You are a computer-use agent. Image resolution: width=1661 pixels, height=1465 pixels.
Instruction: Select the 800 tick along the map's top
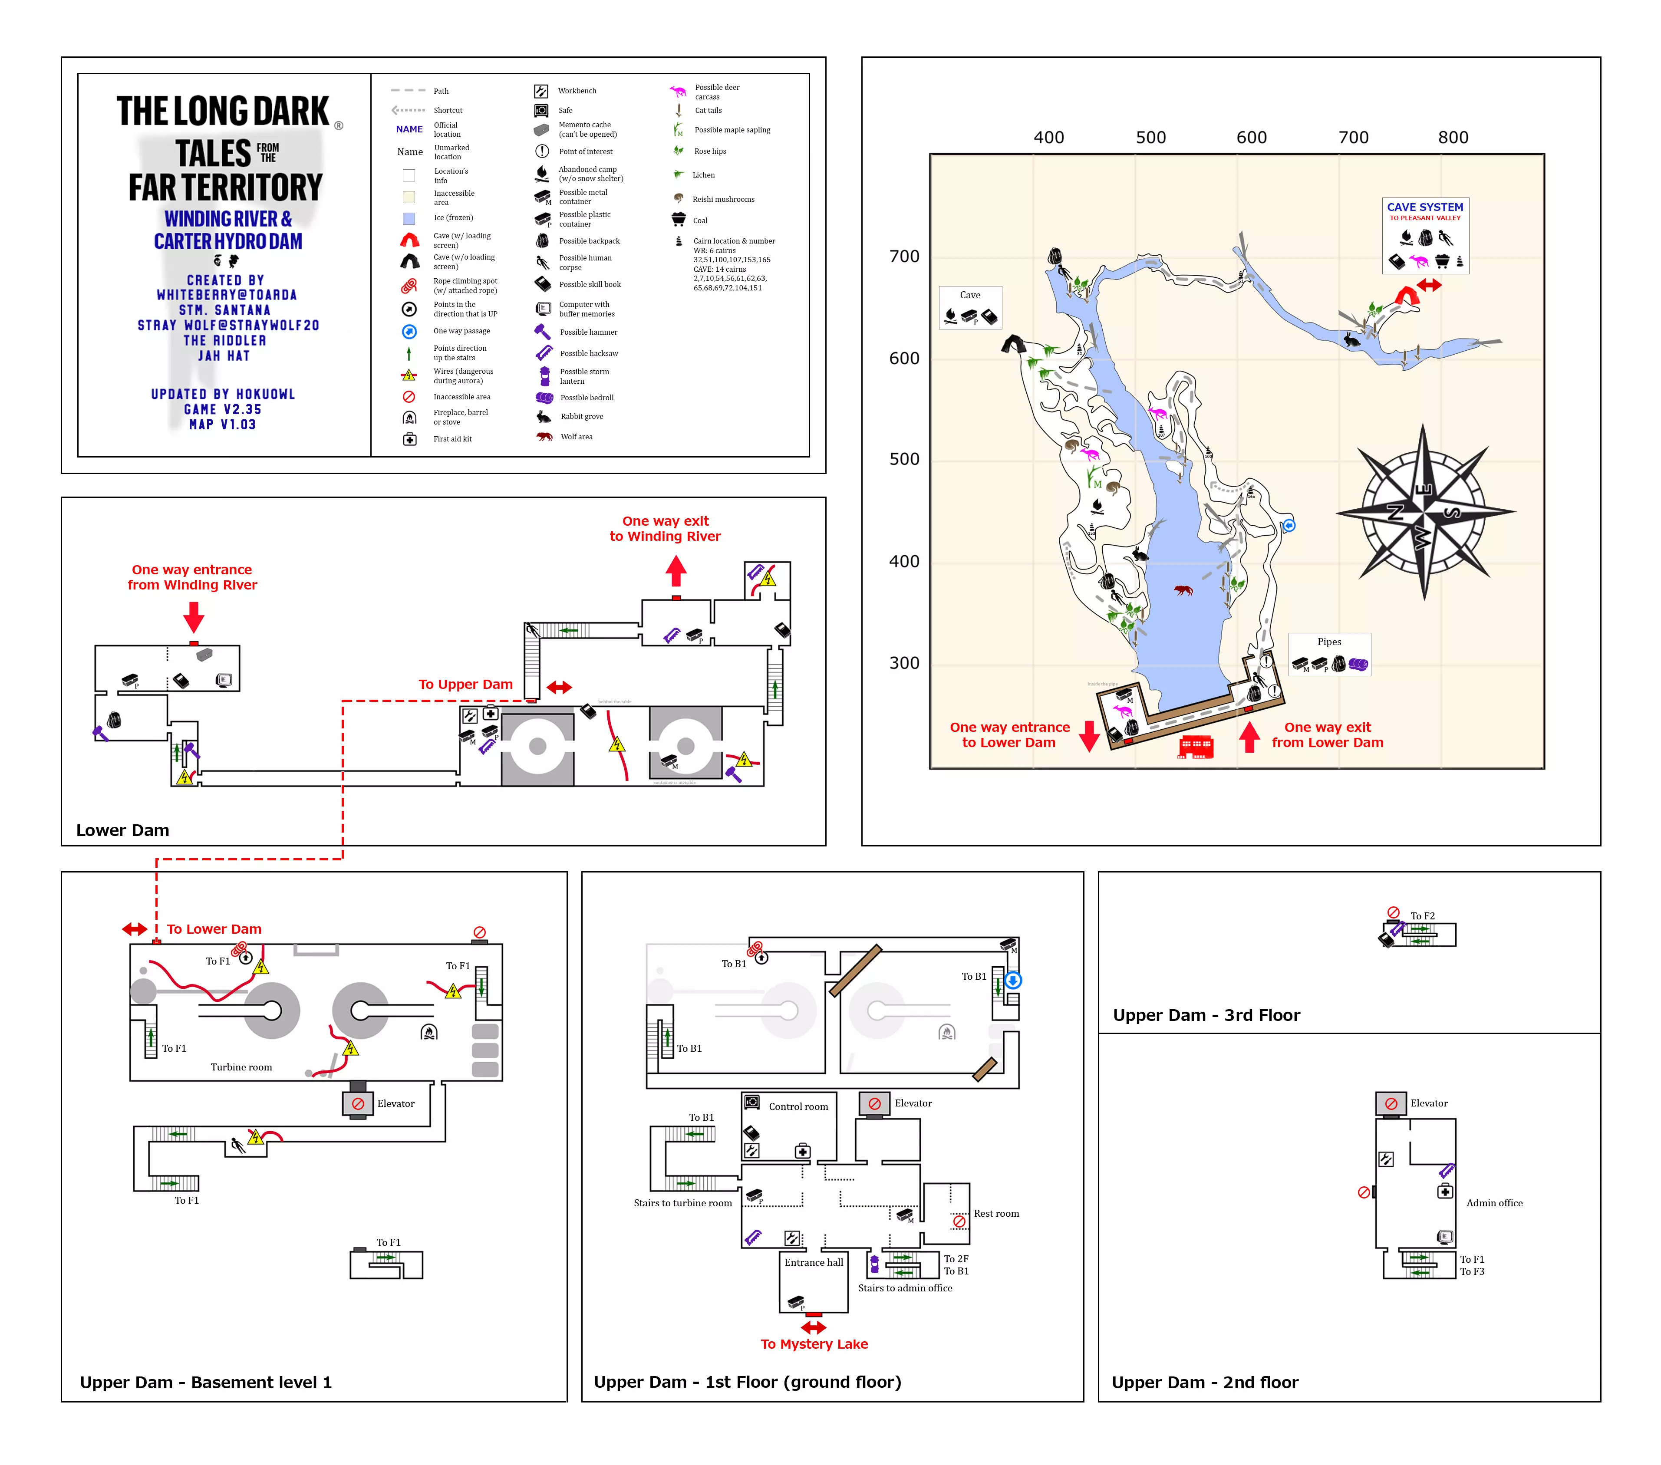click(1453, 137)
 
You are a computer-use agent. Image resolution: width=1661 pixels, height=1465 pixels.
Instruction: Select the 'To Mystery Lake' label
click(814, 1344)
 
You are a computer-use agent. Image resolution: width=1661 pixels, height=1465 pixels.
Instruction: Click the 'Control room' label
click(798, 1107)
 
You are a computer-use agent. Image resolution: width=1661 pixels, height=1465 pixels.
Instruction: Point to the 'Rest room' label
click(996, 1213)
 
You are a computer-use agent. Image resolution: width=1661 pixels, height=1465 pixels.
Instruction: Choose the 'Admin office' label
click(1493, 1202)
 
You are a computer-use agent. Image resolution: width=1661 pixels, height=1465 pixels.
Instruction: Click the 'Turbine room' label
click(241, 1067)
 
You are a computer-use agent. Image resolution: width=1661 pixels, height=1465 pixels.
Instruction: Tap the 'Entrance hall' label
click(814, 1262)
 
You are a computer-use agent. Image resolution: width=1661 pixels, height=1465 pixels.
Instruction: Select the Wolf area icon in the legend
click(544, 437)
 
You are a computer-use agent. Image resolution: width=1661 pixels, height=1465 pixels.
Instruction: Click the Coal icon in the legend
click(679, 219)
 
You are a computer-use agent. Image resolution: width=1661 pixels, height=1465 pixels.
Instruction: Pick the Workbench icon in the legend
click(541, 91)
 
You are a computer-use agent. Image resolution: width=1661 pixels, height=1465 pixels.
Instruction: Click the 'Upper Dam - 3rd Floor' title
click(1206, 1015)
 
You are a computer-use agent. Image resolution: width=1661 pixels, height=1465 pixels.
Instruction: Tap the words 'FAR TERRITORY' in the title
click(225, 188)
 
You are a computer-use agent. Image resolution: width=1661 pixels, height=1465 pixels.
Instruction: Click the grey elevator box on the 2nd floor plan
click(1391, 1103)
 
